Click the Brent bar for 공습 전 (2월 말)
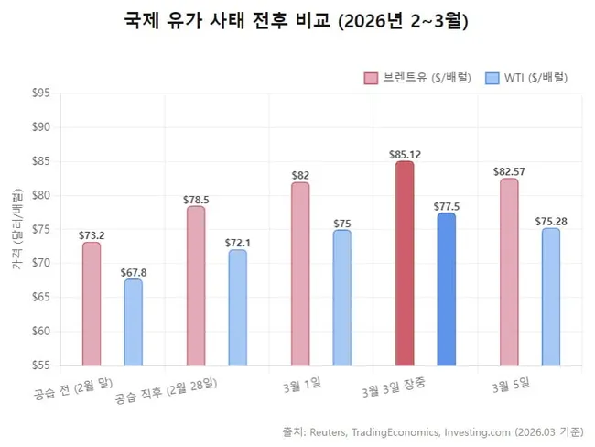tap(92, 304)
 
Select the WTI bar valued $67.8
tap(133, 322)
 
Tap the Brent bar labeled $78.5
tap(196, 286)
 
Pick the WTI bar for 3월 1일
tap(341, 298)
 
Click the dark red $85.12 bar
tap(405, 264)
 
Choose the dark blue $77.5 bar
tap(446, 289)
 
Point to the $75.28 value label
tap(550, 220)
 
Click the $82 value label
tap(300, 175)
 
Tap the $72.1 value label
tap(237, 242)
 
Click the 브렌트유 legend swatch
tap(371, 78)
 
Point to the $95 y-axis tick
tap(40, 93)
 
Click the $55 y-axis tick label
tap(40, 365)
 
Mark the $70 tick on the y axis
tap(40, 263)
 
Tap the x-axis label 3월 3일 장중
tap(400, 388)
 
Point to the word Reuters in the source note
tap(328, 431)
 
